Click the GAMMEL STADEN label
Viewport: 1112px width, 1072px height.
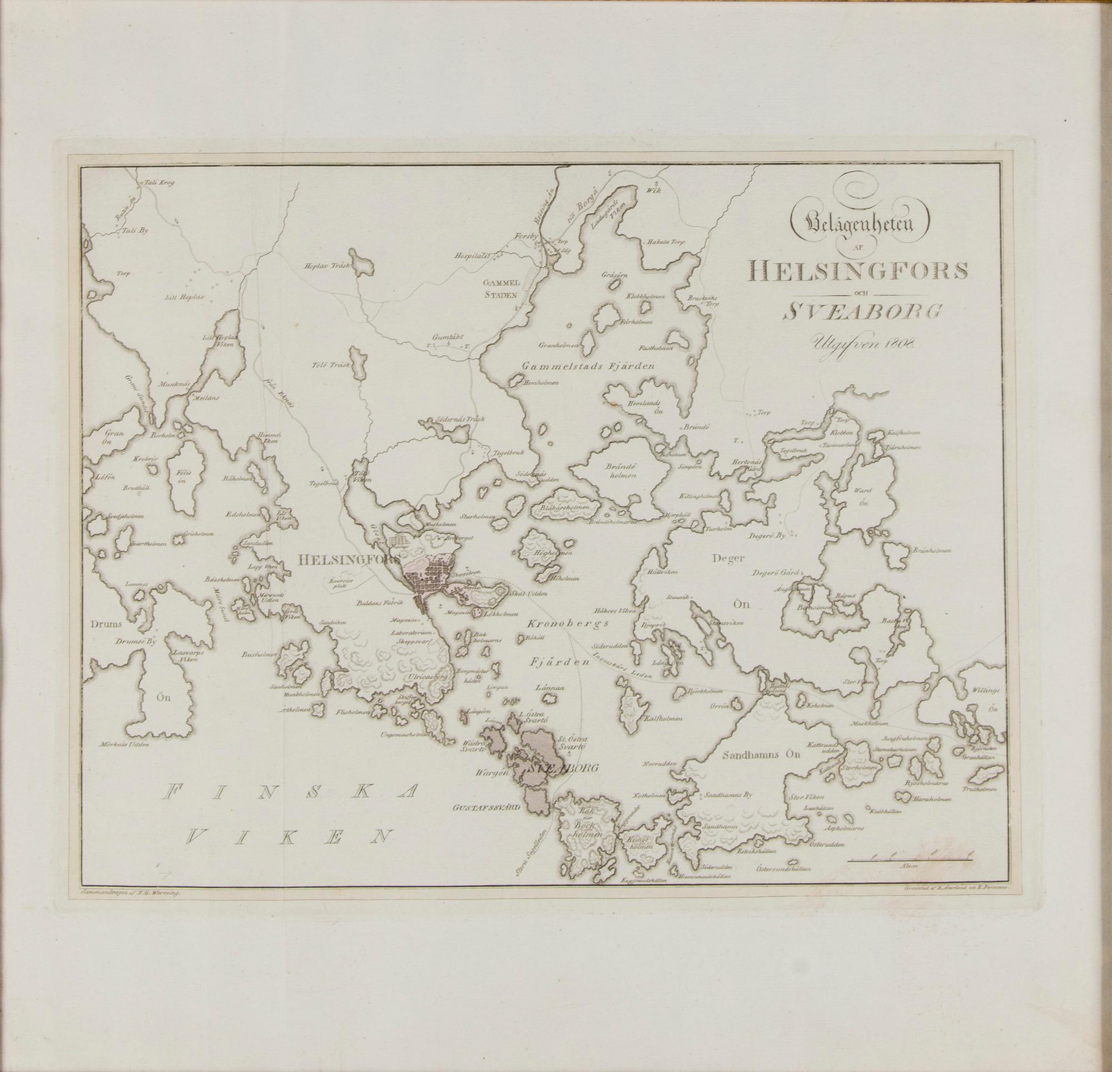click(499, 288)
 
